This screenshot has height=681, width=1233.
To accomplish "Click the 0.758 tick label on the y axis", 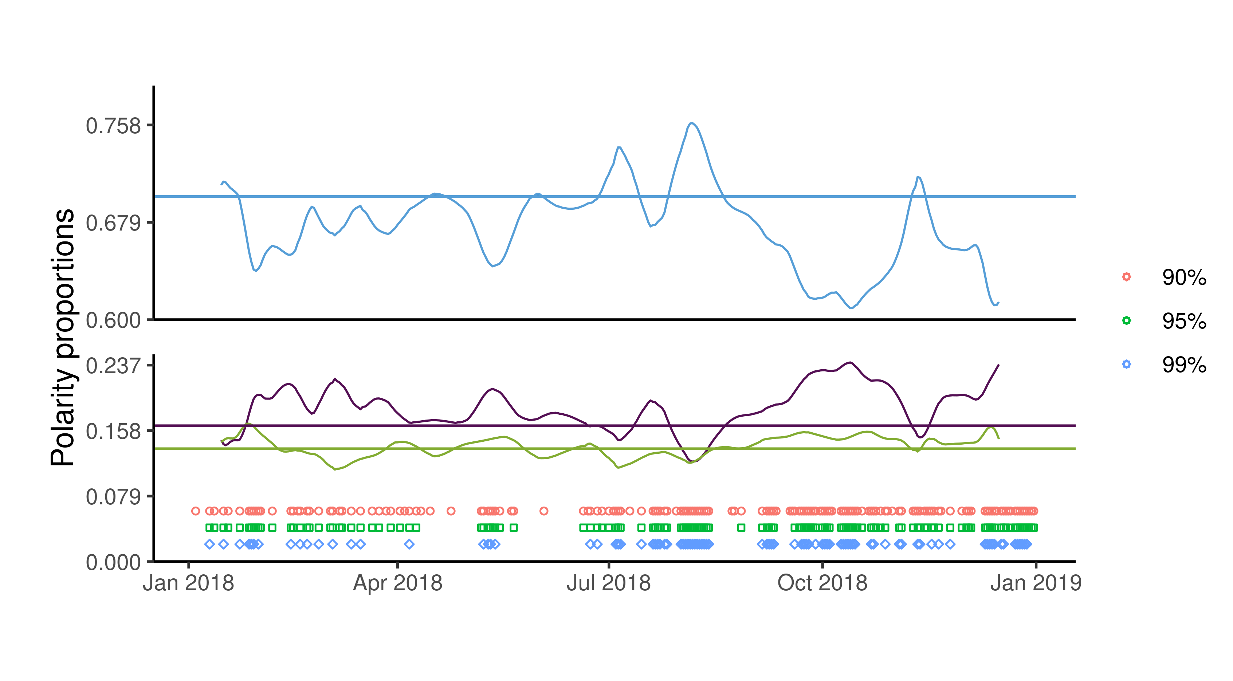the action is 113,126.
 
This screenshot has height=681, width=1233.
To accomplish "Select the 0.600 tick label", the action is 113,320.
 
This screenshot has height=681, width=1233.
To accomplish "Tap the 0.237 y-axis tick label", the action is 113,366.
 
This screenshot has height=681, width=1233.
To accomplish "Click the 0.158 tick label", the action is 113,431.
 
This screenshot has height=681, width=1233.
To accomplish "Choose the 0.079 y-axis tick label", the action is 113,497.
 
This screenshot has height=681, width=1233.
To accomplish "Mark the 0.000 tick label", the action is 113,562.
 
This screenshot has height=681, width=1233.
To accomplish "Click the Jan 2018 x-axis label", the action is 189,583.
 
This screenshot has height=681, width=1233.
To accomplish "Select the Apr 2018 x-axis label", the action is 398,583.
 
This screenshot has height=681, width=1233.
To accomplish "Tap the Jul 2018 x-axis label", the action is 609,583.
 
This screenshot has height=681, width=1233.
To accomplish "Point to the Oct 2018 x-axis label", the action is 822,583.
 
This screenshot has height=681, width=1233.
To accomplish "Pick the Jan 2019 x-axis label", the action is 1036,583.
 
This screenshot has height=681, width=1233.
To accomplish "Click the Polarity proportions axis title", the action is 63,337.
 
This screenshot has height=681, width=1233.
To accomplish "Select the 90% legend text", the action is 1184,277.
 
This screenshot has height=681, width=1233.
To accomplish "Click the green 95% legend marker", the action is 1126,320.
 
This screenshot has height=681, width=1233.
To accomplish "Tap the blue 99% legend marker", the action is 1126,364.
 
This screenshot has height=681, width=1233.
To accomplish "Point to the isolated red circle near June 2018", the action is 544,511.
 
